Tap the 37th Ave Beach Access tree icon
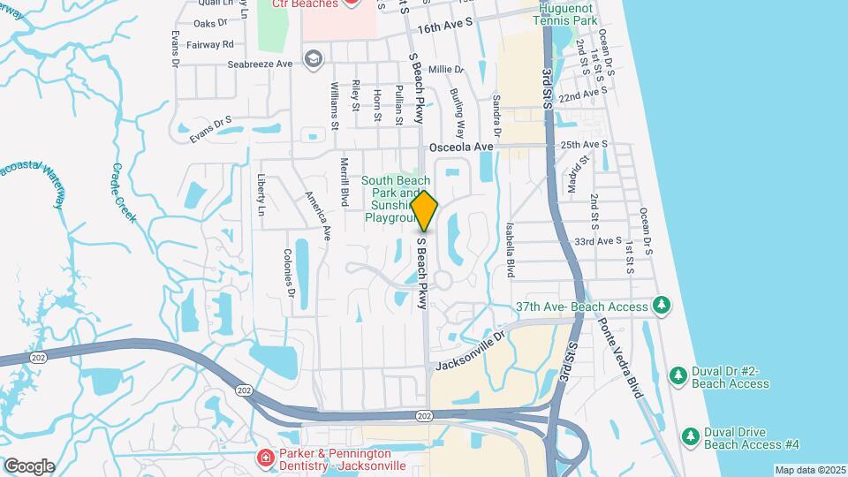coord(660,306)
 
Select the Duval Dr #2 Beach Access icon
coord(678,375)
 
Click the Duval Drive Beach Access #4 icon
coord(691,435)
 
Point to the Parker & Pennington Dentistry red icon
coord(264,458)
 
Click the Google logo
coord(29,466)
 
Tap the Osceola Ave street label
coord(460,147)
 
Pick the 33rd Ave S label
coord(599,240)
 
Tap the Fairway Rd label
coord(216,43)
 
